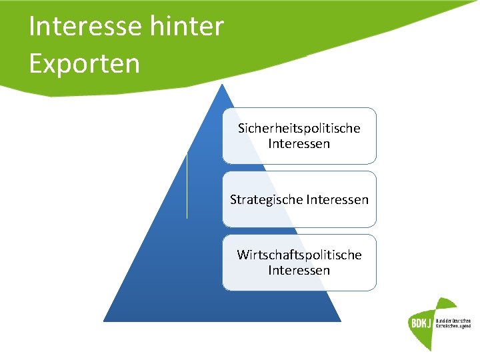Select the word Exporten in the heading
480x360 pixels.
click(x=85, y=64)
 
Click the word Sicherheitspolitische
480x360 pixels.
click(x=299, y=128)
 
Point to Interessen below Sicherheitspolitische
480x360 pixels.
click(x=299, y=143)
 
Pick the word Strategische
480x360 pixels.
click(x=263, y=199)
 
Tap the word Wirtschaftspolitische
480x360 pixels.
click(x=299, y=255)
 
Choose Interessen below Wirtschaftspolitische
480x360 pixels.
click(x=299, y=270)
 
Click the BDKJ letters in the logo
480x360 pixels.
click(x=420, y=324)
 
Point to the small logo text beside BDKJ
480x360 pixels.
click(x=453, y=324)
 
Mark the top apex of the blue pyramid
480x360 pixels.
click(x=222, y=85)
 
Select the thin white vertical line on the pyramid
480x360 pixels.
click(x=187, y=185)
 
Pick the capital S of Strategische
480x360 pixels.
click(x=233, y=199)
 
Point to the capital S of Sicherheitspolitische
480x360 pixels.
click(x=241, y=128)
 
